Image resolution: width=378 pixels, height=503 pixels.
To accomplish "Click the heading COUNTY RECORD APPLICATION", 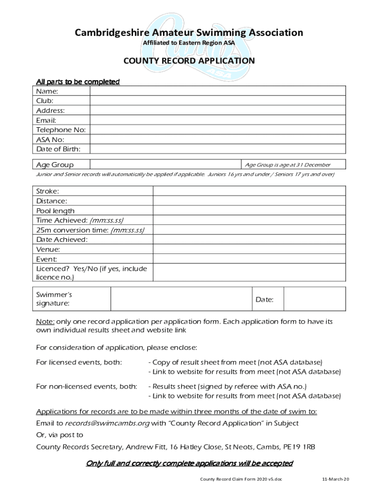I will tap(189, 60).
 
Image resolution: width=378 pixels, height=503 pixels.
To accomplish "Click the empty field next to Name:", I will tap(217, 91).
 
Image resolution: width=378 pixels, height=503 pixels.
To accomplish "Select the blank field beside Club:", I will tap(217, 101).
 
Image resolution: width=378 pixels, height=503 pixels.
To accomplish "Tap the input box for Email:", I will tap(217, 120).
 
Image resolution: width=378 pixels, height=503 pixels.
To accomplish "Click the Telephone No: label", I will tap(61, 130).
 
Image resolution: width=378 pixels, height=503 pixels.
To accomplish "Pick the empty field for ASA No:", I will tap(217, 140).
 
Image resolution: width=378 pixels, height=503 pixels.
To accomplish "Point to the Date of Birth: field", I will tap(217, 149).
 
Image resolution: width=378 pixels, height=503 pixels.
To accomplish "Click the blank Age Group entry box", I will tap(164, 165).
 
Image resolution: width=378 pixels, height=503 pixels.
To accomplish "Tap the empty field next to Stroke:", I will tap(249, 191).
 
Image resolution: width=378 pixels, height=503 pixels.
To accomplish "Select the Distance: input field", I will tap(249, 201).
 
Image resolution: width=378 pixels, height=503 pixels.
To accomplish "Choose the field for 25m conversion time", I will tap(249, 230).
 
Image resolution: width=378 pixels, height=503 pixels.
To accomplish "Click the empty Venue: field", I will tap(249, 250).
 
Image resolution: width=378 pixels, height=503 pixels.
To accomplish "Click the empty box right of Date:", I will tap(314, 299).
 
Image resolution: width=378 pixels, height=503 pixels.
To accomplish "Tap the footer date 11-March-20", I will tap(335, 479).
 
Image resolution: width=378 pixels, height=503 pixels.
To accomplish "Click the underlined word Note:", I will tap(45, 322).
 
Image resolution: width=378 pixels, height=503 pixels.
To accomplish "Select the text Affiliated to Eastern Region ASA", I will tap(189, 43).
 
